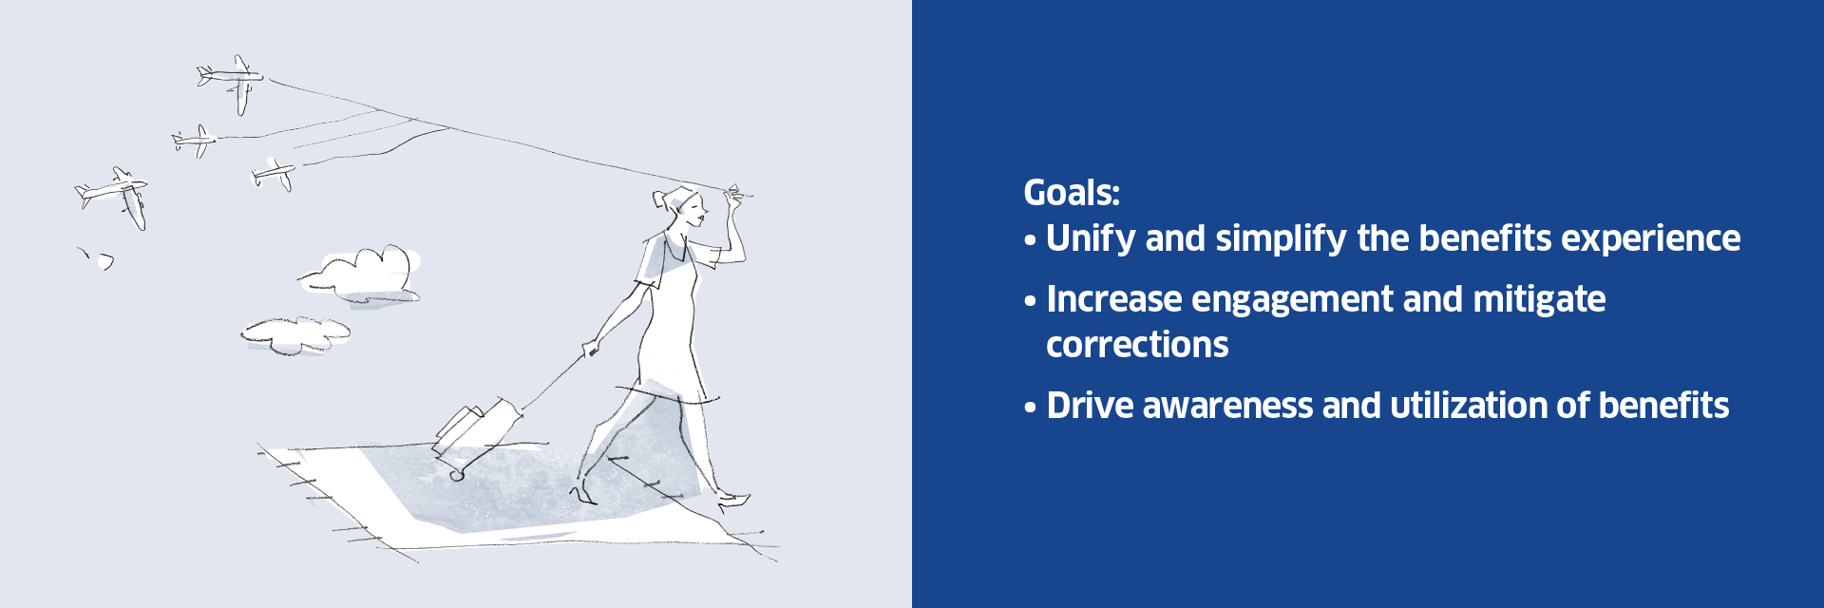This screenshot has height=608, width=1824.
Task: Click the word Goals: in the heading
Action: tap(1072, 193)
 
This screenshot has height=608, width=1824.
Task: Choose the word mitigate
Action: tap(1539, 300)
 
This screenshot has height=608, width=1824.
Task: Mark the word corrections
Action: tap(1137, 345)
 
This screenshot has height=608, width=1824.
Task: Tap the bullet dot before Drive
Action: tap(1030, 408)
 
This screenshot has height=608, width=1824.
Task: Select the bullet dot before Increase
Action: tap(1030, 302)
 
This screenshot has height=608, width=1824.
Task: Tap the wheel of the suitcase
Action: tap(457, 472)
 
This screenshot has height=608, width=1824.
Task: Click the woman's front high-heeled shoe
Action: tap(733, 500)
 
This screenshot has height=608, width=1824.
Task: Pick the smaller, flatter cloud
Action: tap(295, 334)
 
